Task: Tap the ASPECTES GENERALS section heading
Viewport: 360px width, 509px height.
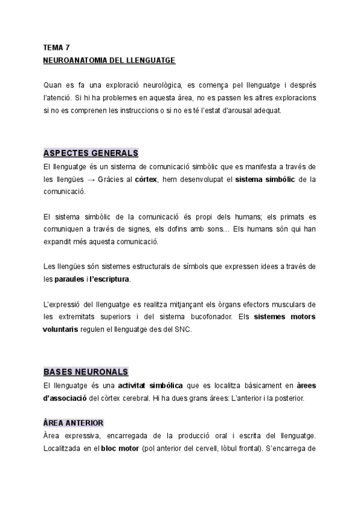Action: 91,153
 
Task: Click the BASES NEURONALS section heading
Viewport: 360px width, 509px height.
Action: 86,372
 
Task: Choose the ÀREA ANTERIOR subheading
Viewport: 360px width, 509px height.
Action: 73,423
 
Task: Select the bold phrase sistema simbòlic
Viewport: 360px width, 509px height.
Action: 265,179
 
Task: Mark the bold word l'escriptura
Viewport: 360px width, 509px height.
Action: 110,279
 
